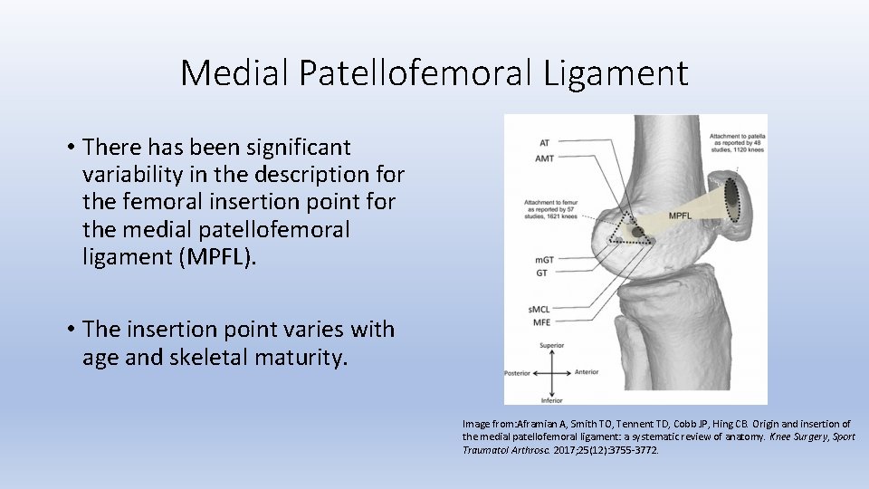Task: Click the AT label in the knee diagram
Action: point(543,143)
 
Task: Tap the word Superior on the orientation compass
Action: point(551,345)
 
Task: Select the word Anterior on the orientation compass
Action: point(586,371)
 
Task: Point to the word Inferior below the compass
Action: point(551,399)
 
